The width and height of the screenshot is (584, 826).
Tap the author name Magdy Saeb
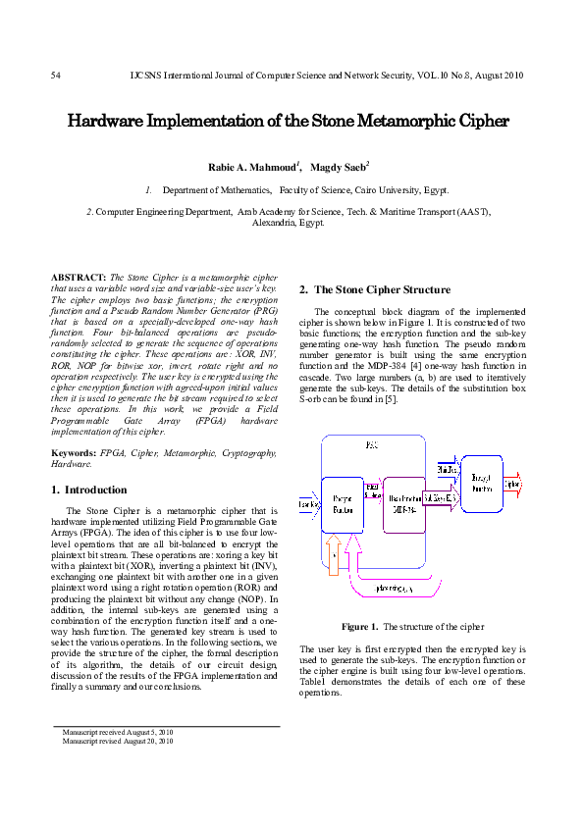pos(339,169)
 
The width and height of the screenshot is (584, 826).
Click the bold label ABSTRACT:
pos(80,279)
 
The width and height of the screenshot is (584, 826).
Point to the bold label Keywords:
pos(75,453)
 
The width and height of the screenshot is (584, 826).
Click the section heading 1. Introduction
pos(88,490)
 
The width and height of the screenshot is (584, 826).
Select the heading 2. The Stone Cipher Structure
pos(374,289)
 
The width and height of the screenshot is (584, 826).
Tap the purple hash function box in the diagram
pos(404,504)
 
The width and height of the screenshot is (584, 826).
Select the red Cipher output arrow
pos(512,484)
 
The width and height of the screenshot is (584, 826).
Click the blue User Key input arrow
pos(308,504)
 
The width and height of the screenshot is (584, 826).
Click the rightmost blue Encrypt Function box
pos(482,483)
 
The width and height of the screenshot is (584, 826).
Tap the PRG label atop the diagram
pos(371,445)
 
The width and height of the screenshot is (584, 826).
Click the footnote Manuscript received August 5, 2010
pos(117,733)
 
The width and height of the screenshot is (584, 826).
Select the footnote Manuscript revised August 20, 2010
pos(118,742)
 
